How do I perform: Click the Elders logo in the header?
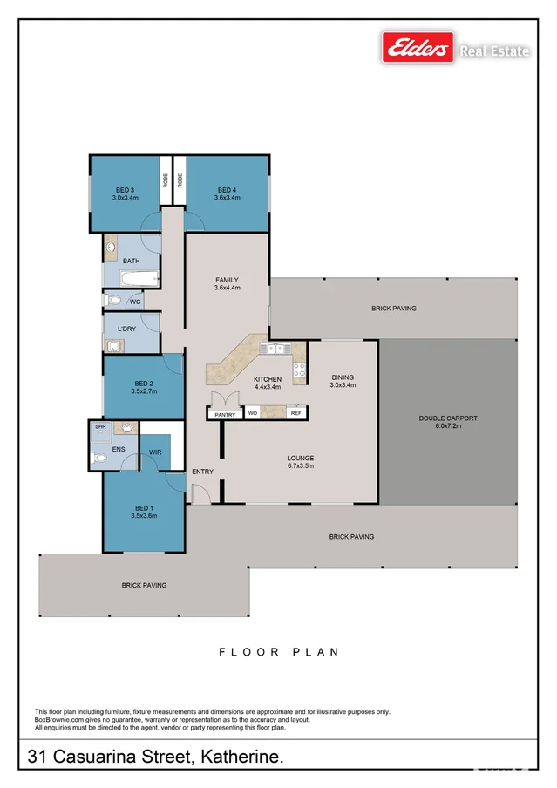pos(418,47)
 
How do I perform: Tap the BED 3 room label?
pos(125,190)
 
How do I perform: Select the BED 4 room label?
pos(227,190)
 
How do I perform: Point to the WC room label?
pos(135,302)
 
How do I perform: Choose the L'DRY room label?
pos(127,329)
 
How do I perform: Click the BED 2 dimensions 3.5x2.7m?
pos(144,391)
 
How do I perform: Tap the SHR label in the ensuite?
pos(100,427)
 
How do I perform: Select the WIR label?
pos(155,452)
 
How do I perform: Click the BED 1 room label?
pos(144,507)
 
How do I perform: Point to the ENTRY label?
pos(203,472)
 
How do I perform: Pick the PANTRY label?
pos(225,415)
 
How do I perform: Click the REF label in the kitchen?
pos(296,412)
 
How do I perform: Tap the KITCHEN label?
pos(268,379)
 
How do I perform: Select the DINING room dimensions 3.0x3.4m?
pos(342,385)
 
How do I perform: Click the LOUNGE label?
pos(301,458)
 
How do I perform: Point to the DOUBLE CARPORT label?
pos(448,418)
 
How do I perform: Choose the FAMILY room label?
pos(227,280)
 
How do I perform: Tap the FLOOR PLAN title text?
pos(278,652)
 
